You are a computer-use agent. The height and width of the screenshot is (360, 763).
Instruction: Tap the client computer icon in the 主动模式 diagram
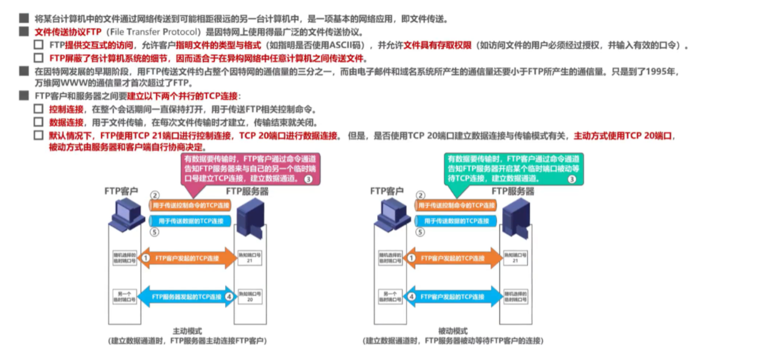(122, 213)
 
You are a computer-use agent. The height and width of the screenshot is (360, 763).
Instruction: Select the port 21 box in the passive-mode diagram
(515, 257)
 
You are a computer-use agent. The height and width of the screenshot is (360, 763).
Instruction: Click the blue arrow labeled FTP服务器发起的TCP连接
(187, 296)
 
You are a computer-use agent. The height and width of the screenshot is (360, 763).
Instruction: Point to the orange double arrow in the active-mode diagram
(187, 258)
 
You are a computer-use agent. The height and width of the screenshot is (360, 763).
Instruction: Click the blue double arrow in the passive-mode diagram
(453, 296)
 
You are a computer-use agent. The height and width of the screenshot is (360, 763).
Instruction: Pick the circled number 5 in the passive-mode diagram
(419, 232)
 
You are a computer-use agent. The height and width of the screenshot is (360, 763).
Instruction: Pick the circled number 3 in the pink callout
(309, 179)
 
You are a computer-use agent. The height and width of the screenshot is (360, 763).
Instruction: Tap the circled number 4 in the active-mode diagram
(229, 296)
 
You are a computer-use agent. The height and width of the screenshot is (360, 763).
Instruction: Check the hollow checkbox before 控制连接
(39, 109)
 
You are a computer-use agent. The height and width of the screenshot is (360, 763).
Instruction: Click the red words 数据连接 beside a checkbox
(66, 122)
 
